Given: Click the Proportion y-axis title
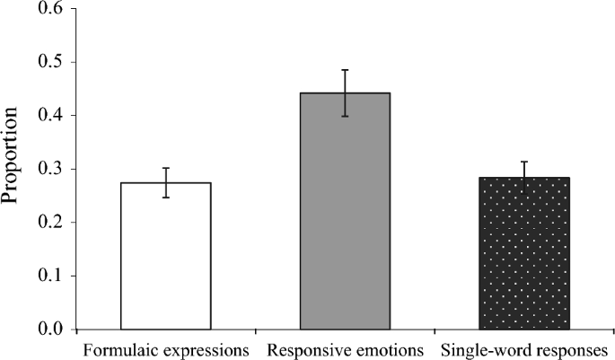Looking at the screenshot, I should [13, 169].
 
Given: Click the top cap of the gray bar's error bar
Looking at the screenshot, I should [345, 69].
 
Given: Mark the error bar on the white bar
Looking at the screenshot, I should [166, 182].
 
